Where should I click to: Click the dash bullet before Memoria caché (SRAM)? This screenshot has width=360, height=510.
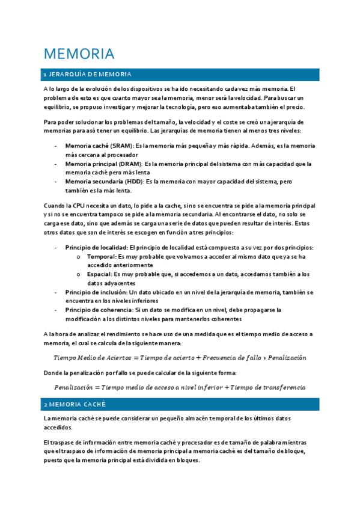pyautogui.click(x=56, y=146)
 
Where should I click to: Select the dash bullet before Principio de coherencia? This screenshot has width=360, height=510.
pyautogui.click(x=56, y=310)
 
